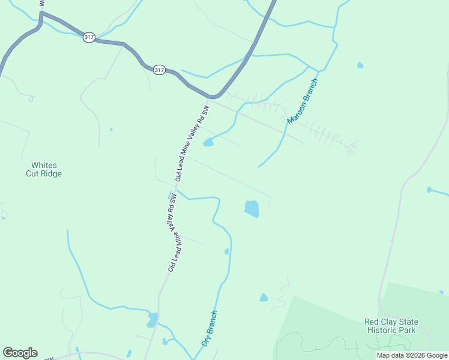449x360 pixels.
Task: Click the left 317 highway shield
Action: [89, 37]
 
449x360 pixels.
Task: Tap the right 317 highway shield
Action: [158, 70]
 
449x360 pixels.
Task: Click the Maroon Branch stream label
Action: [303, 101]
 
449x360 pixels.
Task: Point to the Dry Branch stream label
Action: [209, 328]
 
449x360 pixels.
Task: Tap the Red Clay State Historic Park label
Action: [391, 326]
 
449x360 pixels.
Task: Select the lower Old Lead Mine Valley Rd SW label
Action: [172, 232]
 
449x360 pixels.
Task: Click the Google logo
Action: [20, 353]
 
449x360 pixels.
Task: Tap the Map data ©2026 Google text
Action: [412, 355]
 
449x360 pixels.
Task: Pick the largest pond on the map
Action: [252, 208]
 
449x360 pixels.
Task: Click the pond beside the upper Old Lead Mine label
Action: [208, 142]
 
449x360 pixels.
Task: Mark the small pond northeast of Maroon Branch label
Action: [360, 65]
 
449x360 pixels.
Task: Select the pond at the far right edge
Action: [429, 190]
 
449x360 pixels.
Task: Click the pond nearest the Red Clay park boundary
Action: [264, 298]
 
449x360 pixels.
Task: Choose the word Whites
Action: [43, 165]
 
